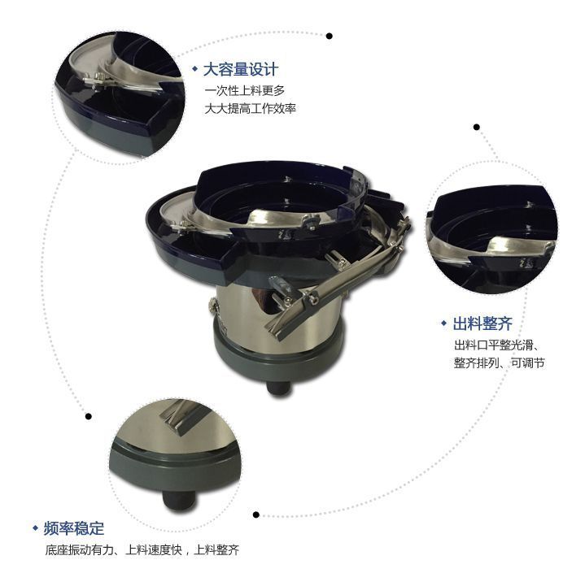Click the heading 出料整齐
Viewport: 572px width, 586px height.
(x=482, y=323)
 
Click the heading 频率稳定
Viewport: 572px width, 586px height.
(x=74, y=528)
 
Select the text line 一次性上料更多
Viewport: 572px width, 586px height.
(x=244, y=89)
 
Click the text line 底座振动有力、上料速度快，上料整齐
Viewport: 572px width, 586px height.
(x=142, y=550)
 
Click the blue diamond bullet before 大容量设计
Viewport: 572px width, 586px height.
(x=195, y=69)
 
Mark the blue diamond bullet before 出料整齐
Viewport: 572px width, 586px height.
(x=443, y=323)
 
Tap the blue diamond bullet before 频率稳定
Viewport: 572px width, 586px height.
(x=35, y=528)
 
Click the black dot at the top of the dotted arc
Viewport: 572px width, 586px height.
(x=330, y=36)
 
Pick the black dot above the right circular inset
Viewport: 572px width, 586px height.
(x=476, y=127)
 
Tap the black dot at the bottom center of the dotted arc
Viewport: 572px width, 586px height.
(x=256, y=514)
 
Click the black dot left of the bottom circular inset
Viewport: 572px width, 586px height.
(x=88, y=416)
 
